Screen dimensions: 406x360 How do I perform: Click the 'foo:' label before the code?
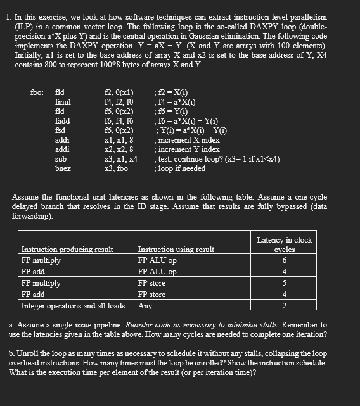pos(37,92)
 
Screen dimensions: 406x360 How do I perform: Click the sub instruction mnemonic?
pos(61,159)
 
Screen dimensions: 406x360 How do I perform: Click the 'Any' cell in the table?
pos(145,306)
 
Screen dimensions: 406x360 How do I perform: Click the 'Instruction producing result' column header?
pos(67,250)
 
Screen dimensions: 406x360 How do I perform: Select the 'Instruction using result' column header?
pos(176,250)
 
